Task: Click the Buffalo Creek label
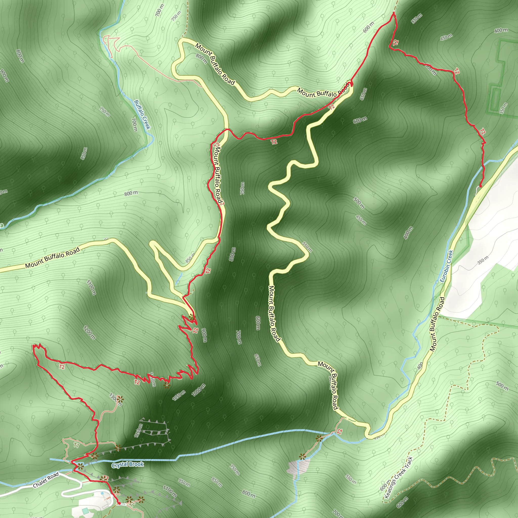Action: coord(142,115)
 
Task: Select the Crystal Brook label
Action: coord(128,465)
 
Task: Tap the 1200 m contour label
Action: coord(89,332)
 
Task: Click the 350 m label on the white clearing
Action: coord(483,260)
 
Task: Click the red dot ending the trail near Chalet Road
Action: coord(119,504)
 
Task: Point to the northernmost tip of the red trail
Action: coord(394,13)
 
